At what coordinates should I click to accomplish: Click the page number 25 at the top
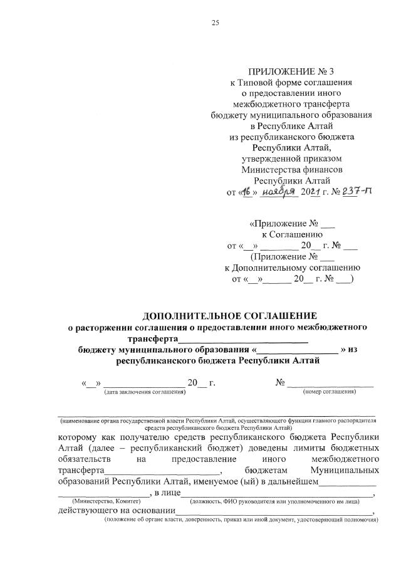[x=215, y=23]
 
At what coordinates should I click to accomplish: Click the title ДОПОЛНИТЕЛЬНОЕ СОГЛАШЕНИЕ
[x=230, y=315]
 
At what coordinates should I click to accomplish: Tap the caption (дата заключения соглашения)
[x=145, y=392]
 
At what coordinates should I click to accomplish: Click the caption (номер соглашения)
[x=330, y=392]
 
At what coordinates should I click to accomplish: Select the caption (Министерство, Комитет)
[x=107, y=502]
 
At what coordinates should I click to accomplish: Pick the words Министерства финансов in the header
[x=293, y=169]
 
